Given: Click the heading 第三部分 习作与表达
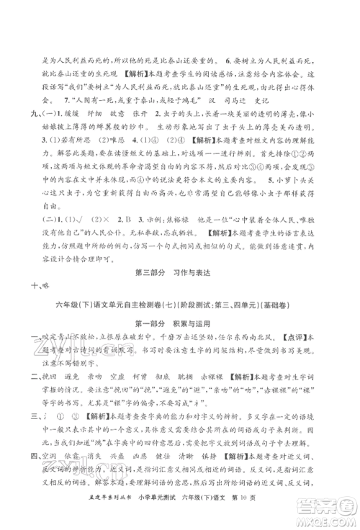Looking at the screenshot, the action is click(180, 290).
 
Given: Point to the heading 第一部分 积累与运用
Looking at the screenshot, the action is click(180, 346).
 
